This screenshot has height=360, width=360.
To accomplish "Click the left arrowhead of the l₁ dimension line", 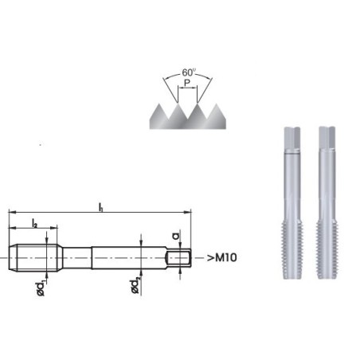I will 11,213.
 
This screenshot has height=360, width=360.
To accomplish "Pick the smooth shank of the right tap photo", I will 326,179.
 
